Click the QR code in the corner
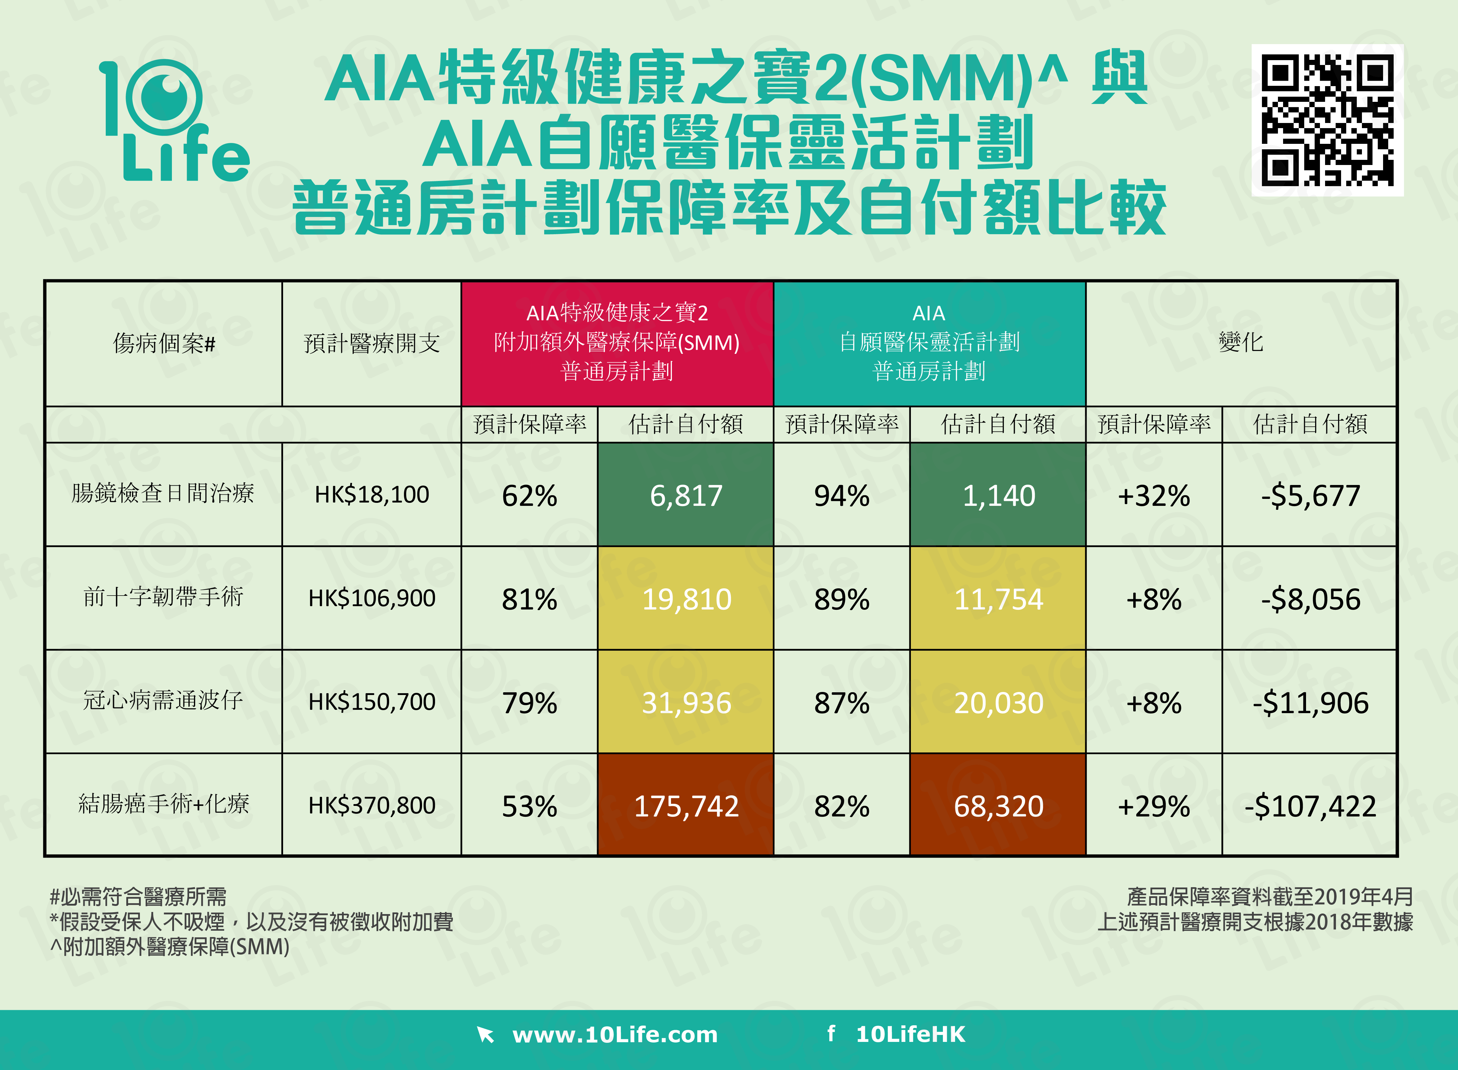[1327, 120]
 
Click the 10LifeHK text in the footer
[910, 1034]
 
